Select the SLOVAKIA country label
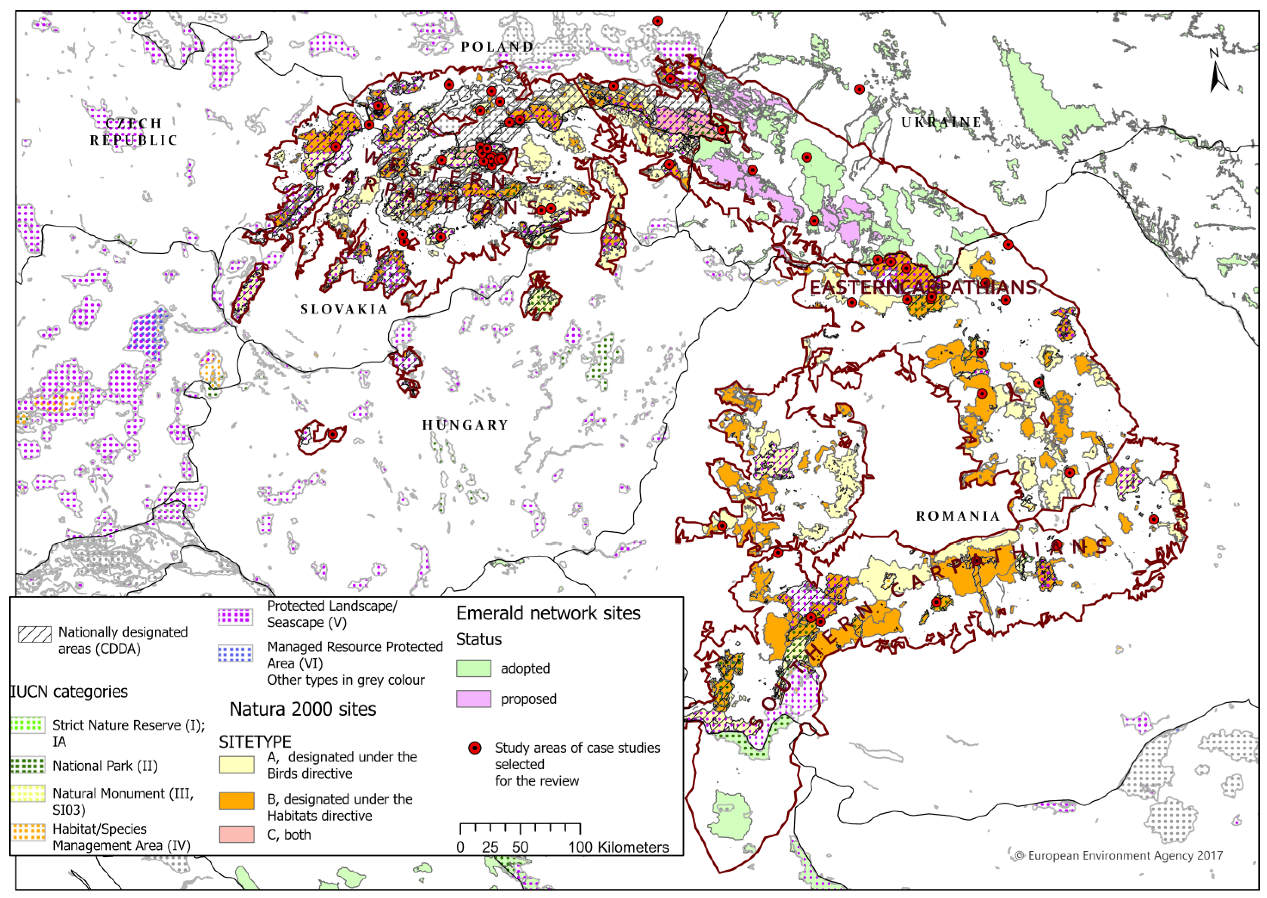coord(344,309)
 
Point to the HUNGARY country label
coord(465,425)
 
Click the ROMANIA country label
coord(958,516)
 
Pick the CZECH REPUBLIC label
coord(134,132)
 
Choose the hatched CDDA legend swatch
coord(35,634)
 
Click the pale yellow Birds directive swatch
coord(237,765)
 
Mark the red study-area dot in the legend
coord(474,748)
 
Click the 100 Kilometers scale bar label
coord(618,847)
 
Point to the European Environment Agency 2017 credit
coord(1119,856)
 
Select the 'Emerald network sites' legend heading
coord(548,613)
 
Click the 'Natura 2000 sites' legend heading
coord(303,709)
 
